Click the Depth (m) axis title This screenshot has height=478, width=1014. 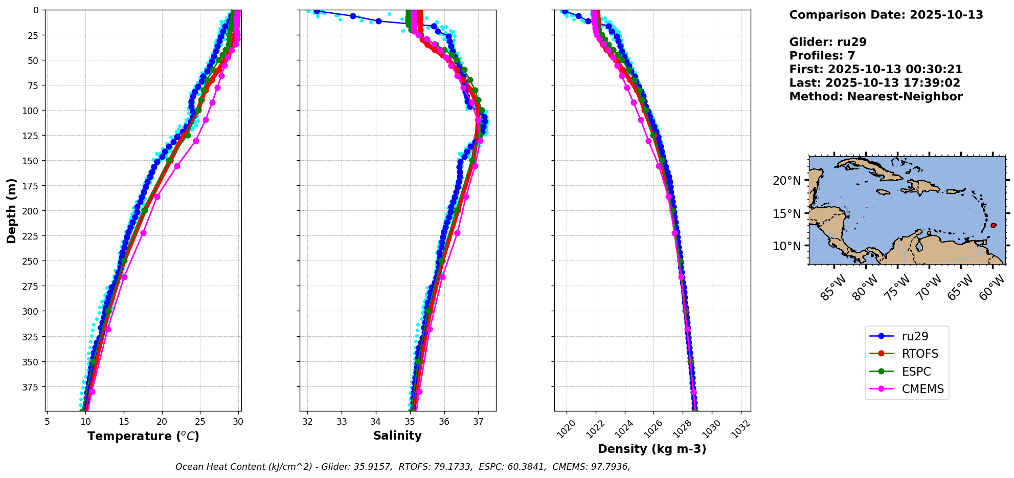pyautogui.click(x=11, y=210)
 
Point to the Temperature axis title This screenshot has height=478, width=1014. pyautogui.click(x=143, y=436)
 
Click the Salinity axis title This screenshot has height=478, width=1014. pyautogui.click(x=397, y=436)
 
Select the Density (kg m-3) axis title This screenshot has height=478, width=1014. pyautogui.click(x=652, y=449)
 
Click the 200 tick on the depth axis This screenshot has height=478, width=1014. pyautogui.click(x=32, y=211)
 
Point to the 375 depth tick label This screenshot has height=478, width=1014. pyautogui.click(x=32, y=386)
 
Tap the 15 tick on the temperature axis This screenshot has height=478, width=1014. pyautogui.click(x=124, y=422)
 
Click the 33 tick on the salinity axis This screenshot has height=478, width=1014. pyautogui.click(x=342, y=422)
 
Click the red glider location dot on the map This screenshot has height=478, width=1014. pyautogui.click(x=993, y=225)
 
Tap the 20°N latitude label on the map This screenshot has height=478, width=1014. pyautogui.click(x=786, y=180)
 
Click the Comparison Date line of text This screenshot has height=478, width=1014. pyautogui.click(x=886, y=15)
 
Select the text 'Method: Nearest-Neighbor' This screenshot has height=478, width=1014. pyautogui.click(x=875, y=97)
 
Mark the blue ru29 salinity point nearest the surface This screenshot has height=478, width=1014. pyautogui.click(x=316, y=11)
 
